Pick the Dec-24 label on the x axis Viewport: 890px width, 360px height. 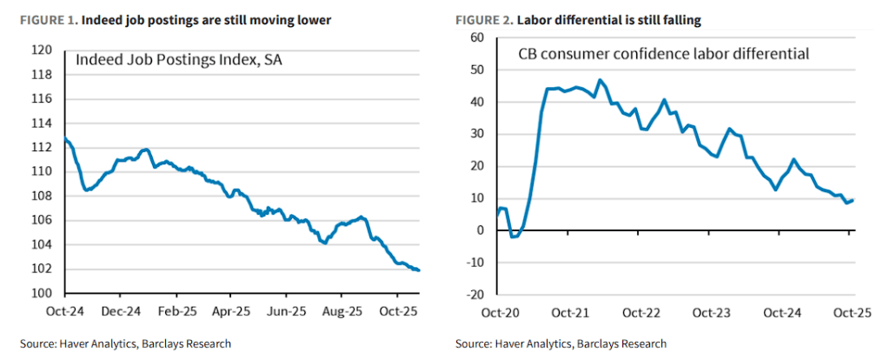(x=120, y=310)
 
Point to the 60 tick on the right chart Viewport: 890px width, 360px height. (x=475, y=37)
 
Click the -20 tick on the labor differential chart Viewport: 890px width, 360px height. (x=473, y=295)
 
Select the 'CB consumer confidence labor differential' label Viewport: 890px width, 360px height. (x=664, y=54)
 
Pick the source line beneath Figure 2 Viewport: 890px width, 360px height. (x=561, y=343)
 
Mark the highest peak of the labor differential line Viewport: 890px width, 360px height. (x=600, y=80)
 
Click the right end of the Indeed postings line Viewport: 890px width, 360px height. (x=420, y=270)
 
